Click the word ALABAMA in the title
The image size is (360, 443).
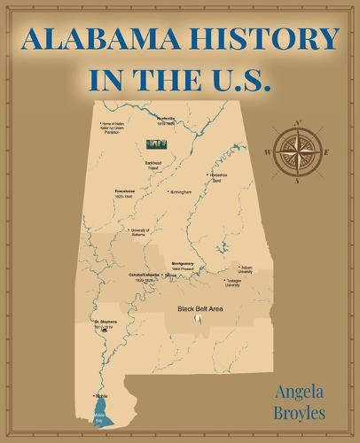(x=98, y=40)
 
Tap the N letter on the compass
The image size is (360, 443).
(x=299, y=123)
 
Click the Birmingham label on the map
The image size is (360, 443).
(x=181, y=191)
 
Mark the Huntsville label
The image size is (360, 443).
(x=166, y=120)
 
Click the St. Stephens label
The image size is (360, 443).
(x=106, y=323)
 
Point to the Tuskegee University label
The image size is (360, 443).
(x=233, y=284)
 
